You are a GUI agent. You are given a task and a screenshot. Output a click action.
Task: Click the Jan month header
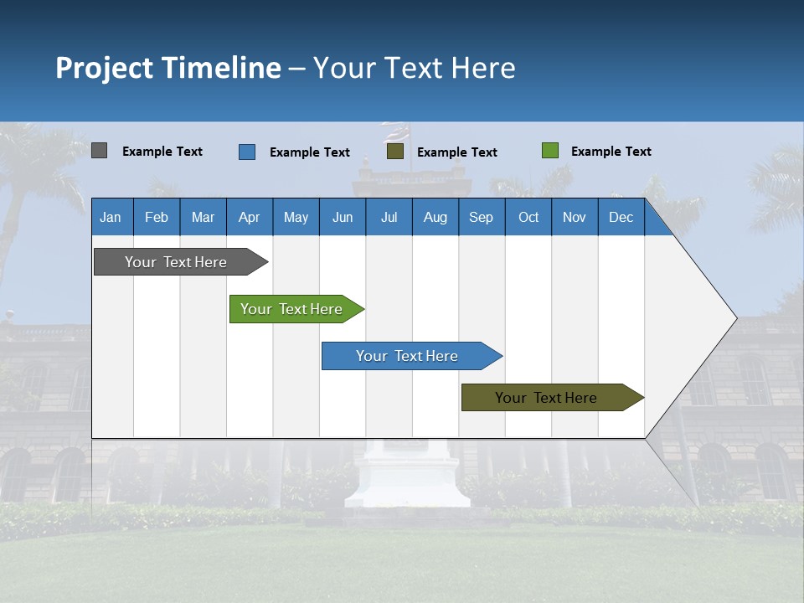[x=111, y=218]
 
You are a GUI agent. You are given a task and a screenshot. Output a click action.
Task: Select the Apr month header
[x=250, y=218]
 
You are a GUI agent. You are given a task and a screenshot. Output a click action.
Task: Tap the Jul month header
[x=389, y=218]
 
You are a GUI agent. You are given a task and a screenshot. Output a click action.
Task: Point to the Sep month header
[x=481, y=218]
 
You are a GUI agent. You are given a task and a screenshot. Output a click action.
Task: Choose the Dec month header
[x=621, y=218]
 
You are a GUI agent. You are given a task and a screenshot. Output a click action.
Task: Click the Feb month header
[x=157, y=218]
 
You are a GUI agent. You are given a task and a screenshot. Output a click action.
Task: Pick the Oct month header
[x=528, y=218]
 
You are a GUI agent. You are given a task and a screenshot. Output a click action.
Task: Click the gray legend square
[x=99, y=151]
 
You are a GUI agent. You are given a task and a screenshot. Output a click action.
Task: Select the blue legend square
[x=247, y=152]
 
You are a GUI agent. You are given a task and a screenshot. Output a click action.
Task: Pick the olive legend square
[x=395, y=151]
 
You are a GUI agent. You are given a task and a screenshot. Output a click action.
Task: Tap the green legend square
[x=550, y=151]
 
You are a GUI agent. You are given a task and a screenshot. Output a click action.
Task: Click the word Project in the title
[x=105, y=68]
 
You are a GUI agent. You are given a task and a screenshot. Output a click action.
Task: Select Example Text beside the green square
[x=611, y=152]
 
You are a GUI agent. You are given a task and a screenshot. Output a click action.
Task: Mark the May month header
[x=296, y=218]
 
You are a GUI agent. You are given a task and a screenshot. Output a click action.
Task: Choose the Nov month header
[x=575, y=218]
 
